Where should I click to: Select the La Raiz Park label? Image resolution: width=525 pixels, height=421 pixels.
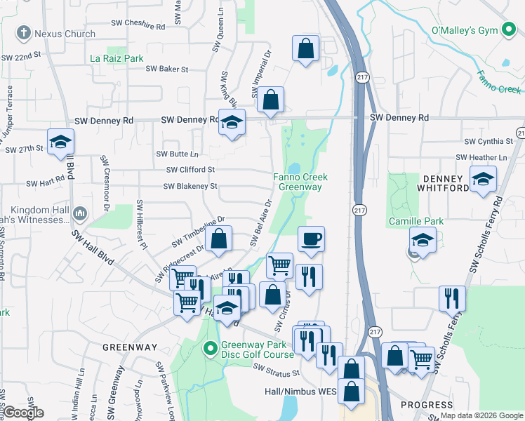(x=117, y=58)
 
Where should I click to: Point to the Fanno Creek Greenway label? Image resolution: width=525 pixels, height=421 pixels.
(x=300, y=182)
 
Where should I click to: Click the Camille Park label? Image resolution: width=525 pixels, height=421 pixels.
(x=416, y=221)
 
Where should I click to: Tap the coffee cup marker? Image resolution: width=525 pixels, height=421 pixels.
(x=311, y=240)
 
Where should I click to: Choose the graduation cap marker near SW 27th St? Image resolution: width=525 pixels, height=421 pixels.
(x=60, y=142)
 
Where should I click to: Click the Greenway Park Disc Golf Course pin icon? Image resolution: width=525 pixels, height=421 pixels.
(x=209, y=348)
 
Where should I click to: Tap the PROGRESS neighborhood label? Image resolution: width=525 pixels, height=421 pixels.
(x=427, y=405)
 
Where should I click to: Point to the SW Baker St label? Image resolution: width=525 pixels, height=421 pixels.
(x=167, y=69)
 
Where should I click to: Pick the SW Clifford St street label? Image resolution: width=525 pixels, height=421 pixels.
(x=190, y=170)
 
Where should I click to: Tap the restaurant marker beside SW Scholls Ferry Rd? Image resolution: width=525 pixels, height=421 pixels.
(x=452, y=298)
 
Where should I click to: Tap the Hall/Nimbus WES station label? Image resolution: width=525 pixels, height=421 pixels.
(x=301, y=392)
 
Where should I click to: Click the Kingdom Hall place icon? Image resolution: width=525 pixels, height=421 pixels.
(x=79, y=213)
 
